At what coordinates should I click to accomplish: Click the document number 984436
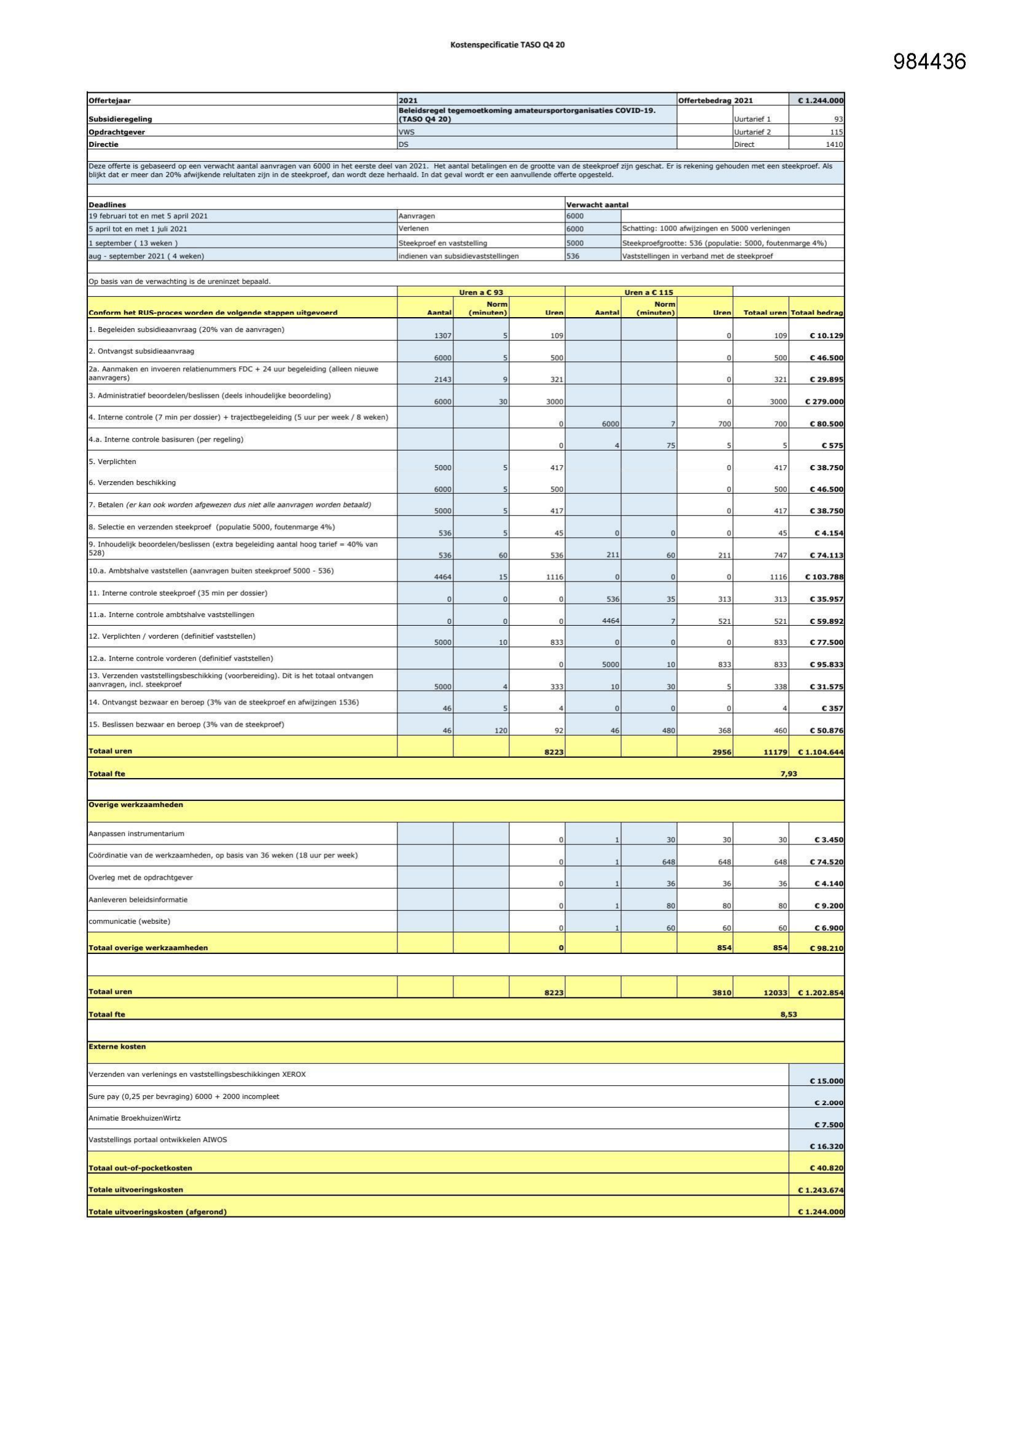click(929, 61)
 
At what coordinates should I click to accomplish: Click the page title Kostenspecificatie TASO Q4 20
click(507, 45)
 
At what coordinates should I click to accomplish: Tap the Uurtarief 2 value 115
click(837, 132)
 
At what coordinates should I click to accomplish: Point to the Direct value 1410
click(835, 144)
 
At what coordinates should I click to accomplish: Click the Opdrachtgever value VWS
click(407, 132)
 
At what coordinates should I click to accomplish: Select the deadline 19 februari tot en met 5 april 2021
click(148, 216)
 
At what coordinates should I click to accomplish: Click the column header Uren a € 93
click(480, 293)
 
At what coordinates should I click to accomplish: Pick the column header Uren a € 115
click(649, 293)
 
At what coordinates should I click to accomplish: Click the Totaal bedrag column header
click(816, 312)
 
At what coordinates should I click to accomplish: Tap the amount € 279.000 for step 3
click(824, 402)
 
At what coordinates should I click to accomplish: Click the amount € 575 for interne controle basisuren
click(832, 446)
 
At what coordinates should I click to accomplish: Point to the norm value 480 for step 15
click(668, 730)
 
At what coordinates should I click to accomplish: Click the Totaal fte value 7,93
click(788, 774)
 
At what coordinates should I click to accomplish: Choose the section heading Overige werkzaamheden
click(136, 805)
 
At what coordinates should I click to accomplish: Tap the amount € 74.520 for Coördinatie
click(826, 862)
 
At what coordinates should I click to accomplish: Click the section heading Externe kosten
click(117, 1047)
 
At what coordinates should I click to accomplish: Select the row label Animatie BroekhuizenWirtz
click(135, 1118)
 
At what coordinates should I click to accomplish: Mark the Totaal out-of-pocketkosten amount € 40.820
click(826, 1168)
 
